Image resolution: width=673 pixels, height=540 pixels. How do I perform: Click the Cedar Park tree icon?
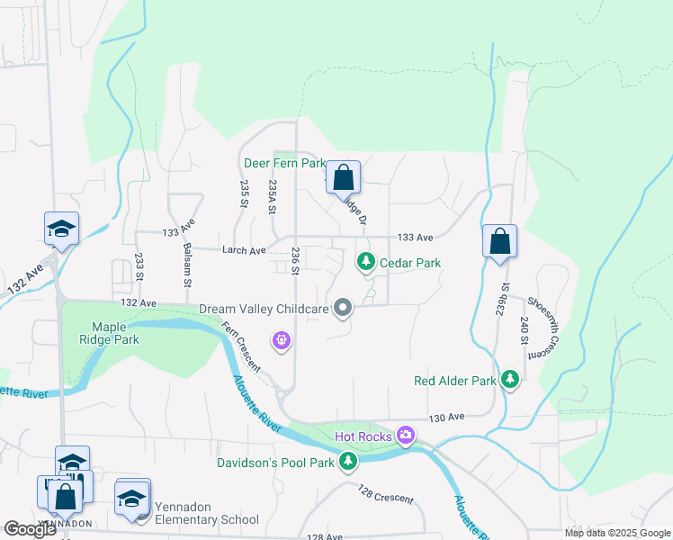click(365, 262)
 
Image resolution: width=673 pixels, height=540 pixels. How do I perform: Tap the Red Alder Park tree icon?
click(510, 380)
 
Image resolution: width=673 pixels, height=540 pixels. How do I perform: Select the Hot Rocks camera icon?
click(406, 436)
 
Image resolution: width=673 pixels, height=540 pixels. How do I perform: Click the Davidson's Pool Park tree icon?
click(348, 463)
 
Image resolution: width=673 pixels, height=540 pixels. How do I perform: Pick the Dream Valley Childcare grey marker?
click(343, 309)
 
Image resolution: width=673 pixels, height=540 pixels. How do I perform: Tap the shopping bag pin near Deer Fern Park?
click(343, 177)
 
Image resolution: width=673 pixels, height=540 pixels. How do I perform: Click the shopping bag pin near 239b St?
click(499, 241)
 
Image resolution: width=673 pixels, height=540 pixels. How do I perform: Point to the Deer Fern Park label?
click(283, 163)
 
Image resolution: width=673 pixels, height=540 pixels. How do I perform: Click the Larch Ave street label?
click(245, 250)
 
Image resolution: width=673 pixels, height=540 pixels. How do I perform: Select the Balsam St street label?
click(187, 265)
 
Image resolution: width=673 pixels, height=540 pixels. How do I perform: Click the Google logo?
click(31, 529)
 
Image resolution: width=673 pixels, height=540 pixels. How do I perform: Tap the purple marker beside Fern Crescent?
click(282, 339)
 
